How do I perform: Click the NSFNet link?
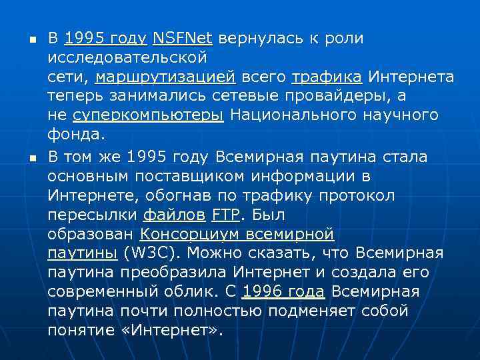tap(181, 39)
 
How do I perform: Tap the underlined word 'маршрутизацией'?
tap(165, 77)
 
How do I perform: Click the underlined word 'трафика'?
tap(327, 77)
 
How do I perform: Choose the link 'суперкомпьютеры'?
tap(148, 115)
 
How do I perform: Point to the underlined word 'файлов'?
tap(174, 215)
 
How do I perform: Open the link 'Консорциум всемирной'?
tap(237, 235)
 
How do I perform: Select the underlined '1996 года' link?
tap(284, 292)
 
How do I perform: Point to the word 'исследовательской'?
tap(127, 58)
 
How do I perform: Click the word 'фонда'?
tap(75, 135)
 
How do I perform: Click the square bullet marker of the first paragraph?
tap(23, 39)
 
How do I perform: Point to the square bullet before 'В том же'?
tap(23, 158)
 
